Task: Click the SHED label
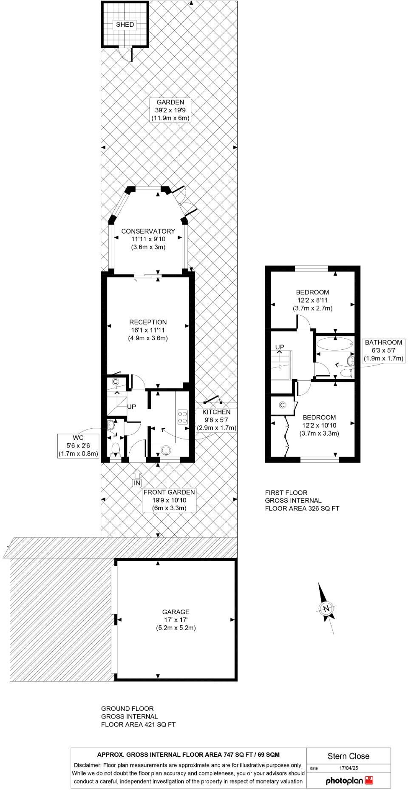[125, 25]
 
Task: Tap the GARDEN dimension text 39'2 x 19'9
[170, 110]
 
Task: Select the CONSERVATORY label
[148, 231]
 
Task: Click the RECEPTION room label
[148, 322]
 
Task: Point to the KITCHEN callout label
[216, 412]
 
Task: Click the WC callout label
[78, 438]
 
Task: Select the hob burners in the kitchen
[183, 416]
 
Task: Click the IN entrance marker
[136, 483]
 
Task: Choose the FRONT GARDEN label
[170, 492]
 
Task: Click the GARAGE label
[176, 612]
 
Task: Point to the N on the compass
[326, 608]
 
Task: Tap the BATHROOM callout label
[383, 342]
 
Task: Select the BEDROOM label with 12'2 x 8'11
[312, 292]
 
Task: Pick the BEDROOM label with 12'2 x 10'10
[319, 417]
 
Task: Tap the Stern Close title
[348, 756]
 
